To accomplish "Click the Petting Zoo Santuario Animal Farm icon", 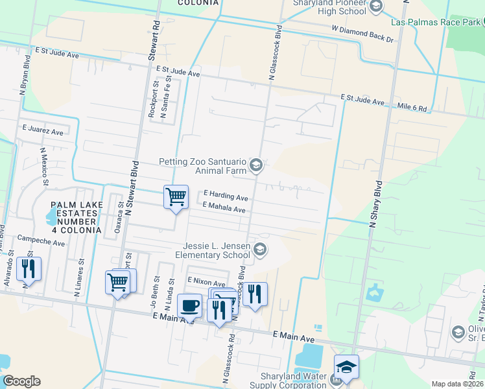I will point(256,165).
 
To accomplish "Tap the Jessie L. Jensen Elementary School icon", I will point(260,250).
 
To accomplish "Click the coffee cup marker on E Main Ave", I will point(189,305).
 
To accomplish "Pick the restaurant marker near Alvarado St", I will point(29,269).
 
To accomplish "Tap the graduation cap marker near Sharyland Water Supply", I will point(346,367).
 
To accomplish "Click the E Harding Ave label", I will point(226,196).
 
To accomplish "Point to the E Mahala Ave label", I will point(224,208).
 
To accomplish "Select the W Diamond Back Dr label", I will point(362,34).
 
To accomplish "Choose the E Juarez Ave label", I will point(42,130).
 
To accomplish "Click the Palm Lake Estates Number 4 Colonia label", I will point(76,217).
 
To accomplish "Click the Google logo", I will point(21,381).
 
